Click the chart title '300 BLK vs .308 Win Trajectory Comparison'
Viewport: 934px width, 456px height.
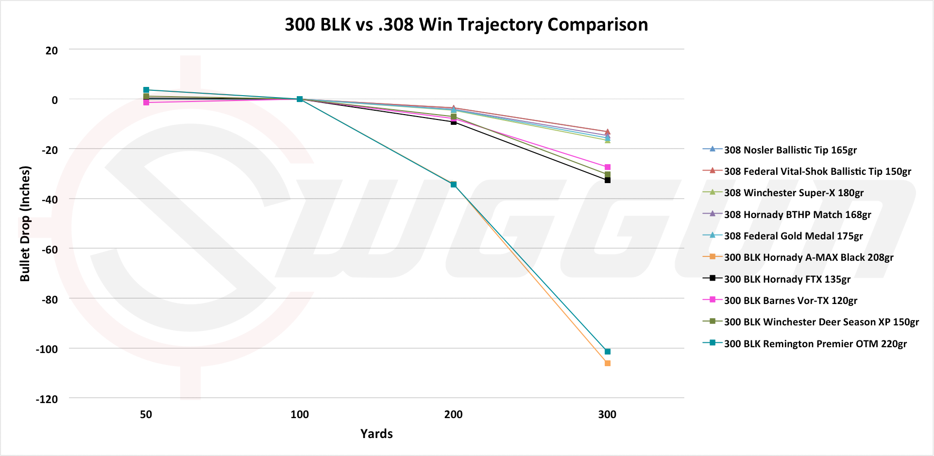pyautogui.click(x=466, y=25)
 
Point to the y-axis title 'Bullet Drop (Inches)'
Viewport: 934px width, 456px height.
pyautogui.click(x=25, y=224)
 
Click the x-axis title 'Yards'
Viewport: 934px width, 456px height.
pyautogui.click(x=376, y=434)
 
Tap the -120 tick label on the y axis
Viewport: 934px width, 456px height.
pyautogui.click(x=47, y=399)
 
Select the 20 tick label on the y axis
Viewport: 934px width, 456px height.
pyautogui.click(x=51, y=51)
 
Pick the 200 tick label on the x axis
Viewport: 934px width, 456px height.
pyautogui.click(x=453, y=415)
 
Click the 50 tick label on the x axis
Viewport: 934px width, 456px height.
pyautogui.click(x=146, y=415)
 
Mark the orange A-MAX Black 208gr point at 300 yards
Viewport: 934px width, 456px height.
pyautogui.click(x=607, y=363)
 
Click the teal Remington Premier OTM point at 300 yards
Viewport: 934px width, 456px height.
pyautogui.click(x=607, y=351)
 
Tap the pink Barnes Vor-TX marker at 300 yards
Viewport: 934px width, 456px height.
pyautogui.click(x=607, y=167)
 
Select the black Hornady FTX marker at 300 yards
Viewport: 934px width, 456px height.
pyautogui.click(x=607, y=180)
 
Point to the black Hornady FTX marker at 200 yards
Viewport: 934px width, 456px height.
pyautogui.click(x=454, y=122)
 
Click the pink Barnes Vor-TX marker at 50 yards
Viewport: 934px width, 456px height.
pyautogui.click(x=146, y=102)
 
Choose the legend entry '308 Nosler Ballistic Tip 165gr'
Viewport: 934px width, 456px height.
pyautogui.click(x=790, y=150)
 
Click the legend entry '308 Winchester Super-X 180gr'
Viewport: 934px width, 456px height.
pyautogui.click(x=794, y=193)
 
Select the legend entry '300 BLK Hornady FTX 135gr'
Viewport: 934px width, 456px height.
pyautogui.click(x=787, y=279)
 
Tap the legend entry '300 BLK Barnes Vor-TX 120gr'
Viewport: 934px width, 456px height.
pyautogui.click(x=790, y=301)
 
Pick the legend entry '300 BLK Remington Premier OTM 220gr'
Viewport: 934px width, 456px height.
pyautogui.click(x=815, y=344)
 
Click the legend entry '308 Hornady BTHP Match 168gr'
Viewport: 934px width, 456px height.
pyautogui.click(x=797, y=215)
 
